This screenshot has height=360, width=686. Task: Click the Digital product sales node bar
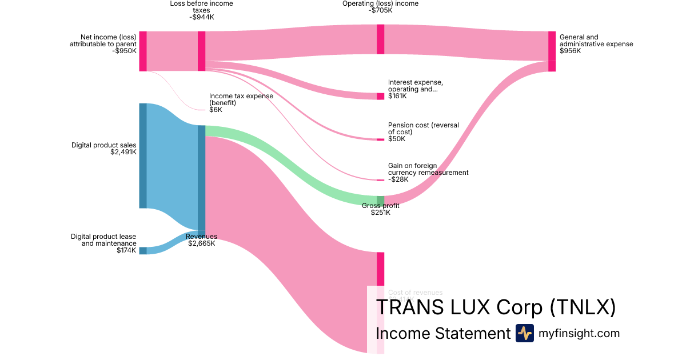click(143, 155)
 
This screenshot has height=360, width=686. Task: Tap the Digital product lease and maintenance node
click(143, 250)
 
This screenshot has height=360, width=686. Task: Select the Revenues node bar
click(201, 178)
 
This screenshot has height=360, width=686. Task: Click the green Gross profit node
click(380, 200)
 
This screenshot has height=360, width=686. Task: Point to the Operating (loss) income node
click(380, 39)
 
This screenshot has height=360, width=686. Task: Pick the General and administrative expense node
click(552, 51)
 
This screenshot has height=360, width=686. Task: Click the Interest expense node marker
click(380, 96)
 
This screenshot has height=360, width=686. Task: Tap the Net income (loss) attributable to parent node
click(143, 51)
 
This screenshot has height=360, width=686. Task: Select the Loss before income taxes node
click(201, 51)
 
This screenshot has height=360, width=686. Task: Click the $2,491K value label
click(123, 153)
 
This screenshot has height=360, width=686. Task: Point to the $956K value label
click(571, 51)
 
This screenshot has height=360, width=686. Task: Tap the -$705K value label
click(380, 10)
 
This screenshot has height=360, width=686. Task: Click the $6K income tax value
click(216, 110)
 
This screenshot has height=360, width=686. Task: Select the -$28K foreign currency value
click(398, 179)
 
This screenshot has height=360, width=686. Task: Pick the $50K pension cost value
click(396, 139)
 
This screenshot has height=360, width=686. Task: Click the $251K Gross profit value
click(380, 213)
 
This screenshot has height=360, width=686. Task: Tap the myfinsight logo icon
click(524, 333)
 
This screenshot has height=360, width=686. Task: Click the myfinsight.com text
click(579, 333)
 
